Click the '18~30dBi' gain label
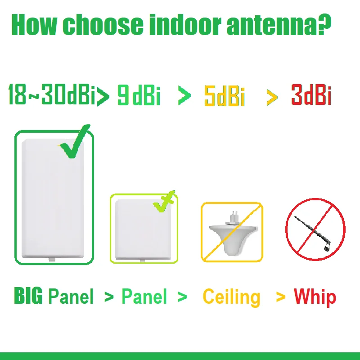52,95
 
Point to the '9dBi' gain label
139,95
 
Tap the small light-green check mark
164,202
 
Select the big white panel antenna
54,198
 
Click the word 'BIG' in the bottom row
29,297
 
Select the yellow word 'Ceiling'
231,297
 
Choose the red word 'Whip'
315,297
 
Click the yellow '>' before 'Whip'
281,297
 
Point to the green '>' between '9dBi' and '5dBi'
184,96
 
